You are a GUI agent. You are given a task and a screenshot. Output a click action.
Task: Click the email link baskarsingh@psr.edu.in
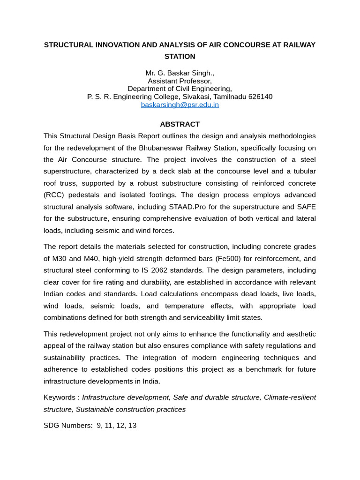pos(180,105)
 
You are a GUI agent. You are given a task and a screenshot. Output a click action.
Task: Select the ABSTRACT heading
pos(180,124)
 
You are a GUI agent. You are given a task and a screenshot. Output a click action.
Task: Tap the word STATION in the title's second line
pos(180,56)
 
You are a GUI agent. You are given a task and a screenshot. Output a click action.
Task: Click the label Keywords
pos(59,397)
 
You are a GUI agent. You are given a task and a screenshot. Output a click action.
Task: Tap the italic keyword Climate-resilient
pos(290,397)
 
